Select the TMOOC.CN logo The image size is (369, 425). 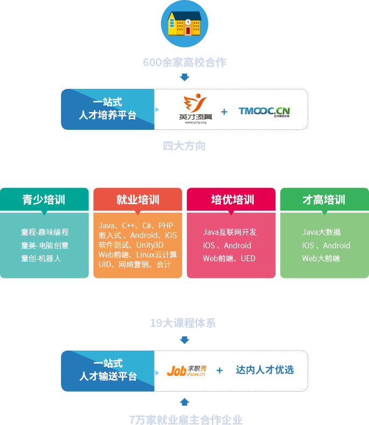click(264, 112)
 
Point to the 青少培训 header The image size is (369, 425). click(44, 200)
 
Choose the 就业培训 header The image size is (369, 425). click(138, 200)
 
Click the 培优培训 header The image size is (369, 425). click(232, 200)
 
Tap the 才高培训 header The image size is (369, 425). click(324, 200)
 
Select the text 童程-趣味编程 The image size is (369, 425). click(45, 232)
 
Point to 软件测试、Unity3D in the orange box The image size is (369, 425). click(131, 245)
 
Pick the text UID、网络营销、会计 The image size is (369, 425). click(135, 264)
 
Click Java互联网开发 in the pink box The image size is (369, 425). click(229, 232)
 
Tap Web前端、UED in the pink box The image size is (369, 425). click(229, 258)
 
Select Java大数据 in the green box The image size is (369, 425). click(321, 232)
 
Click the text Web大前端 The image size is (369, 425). click(321, 258)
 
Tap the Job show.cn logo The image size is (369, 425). click(186, 371)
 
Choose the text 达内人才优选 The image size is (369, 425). click(264, 370)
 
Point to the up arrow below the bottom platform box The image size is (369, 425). click(185, 402)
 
